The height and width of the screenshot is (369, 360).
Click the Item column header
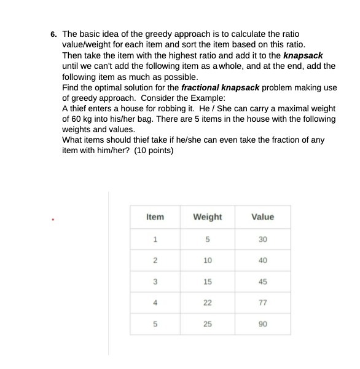[x=155, y=216]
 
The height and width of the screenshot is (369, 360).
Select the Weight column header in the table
[x=207, y=216]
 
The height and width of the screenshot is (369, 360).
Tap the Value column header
[x=263, y=216]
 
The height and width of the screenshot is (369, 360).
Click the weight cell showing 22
[x=207, y=302]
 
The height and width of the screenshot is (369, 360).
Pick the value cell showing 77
[x=263, y=302]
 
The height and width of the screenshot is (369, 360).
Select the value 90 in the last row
[x=263, y=323]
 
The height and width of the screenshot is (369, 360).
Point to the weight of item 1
[x=208, y=239]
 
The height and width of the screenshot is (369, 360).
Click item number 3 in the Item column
[x=155, y=281]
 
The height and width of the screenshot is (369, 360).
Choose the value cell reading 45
[x=263, y=281]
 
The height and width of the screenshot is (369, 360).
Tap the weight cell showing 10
[x=207, y=260]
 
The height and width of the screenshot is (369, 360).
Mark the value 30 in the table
[x=263, y=239]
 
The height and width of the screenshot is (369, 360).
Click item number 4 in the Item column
[x=155, y=302]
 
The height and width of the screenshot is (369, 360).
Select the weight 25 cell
[x=207, y=323]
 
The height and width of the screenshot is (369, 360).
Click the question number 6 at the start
[x=53, y=34]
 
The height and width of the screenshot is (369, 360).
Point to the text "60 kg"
[x=79, y=119]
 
